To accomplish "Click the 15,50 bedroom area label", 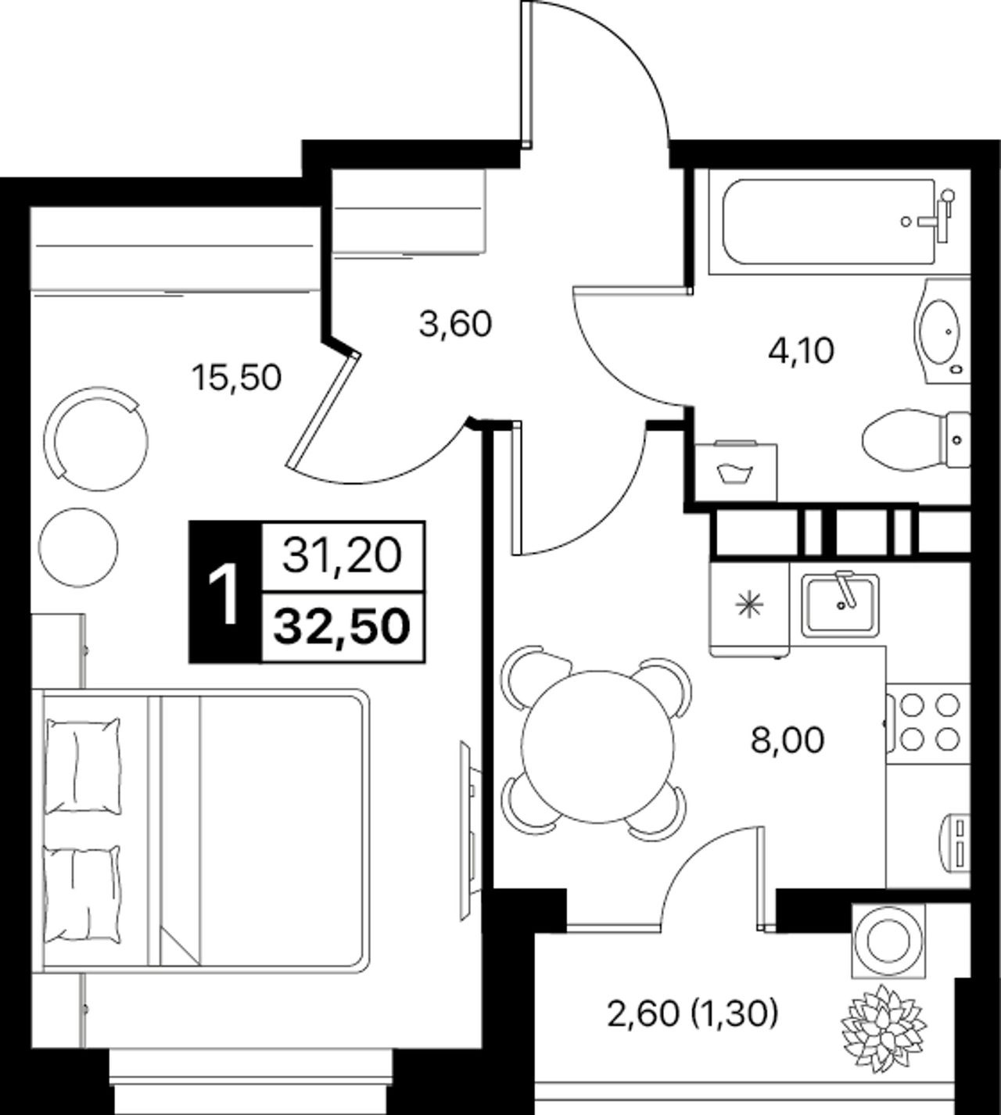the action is click(236, 378).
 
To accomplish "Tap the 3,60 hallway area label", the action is click(455, 324).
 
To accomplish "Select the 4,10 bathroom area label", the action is click(801, 350).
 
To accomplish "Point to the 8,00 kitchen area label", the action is click(788, 740).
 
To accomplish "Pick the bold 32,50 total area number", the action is click(343, 627).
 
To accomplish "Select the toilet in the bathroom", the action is click(916, 440).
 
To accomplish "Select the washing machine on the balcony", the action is click(888, 941).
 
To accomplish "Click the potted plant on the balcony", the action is click(884, 1028).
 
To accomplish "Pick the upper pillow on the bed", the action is click(83, 765).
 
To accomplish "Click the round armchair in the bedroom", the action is click(96, 438).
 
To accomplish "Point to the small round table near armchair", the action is click(78, 547).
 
